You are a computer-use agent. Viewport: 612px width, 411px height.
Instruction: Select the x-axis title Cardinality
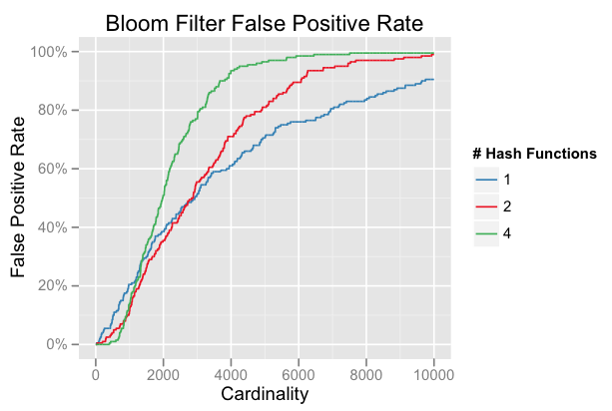click(x=266, y=394)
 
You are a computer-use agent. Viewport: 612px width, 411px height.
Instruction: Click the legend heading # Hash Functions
click(x=535, y=154)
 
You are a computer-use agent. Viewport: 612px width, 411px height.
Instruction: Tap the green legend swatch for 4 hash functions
click(x=486, y=233)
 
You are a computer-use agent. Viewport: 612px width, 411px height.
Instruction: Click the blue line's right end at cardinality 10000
click(x=433, y=79)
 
